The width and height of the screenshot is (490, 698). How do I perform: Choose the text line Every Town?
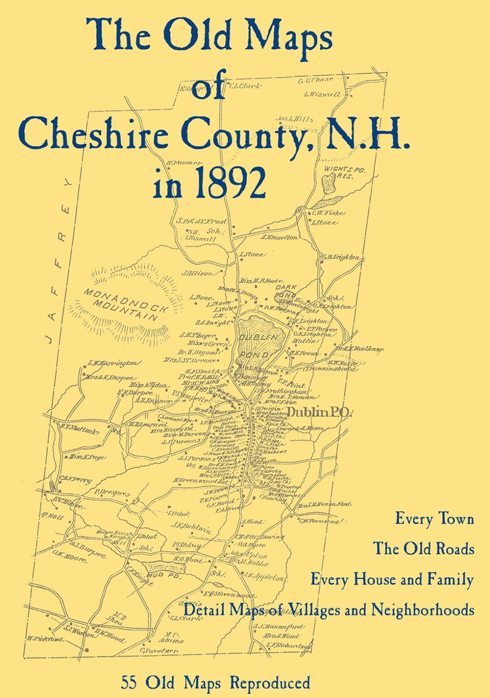(434, 519)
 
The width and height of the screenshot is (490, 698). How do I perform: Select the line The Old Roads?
(423, 549)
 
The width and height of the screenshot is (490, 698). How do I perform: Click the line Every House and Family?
(392, 579)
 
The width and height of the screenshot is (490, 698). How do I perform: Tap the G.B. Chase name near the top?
(315, 80)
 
